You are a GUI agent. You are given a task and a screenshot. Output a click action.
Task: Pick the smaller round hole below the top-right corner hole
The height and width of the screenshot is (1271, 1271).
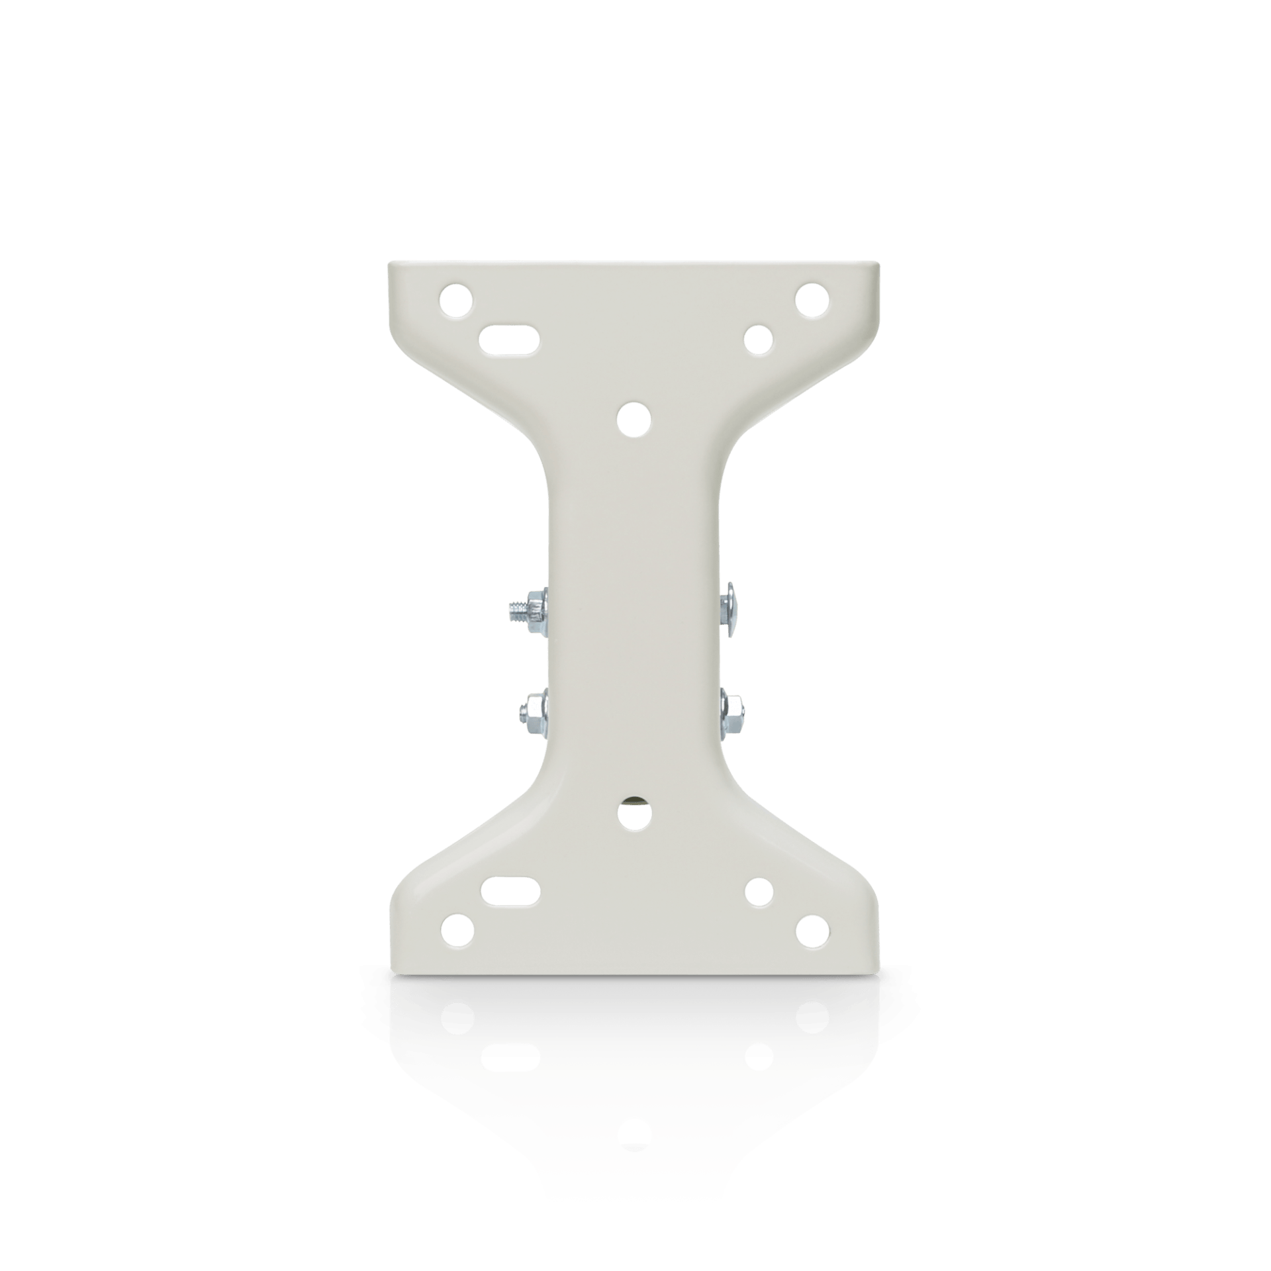click(x=759, y=339)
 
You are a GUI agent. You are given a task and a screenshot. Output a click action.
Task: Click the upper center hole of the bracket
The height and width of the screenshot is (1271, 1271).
click(x=634, y=418)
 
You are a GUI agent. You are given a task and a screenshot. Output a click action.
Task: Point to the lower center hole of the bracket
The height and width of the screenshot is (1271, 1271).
click(x=634, y=813)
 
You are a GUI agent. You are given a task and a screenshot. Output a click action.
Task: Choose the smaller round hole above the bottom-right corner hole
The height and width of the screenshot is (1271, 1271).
click(x=759, y=892)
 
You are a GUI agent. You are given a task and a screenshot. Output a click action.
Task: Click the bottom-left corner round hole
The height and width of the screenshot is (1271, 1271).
click(x=457, y=931)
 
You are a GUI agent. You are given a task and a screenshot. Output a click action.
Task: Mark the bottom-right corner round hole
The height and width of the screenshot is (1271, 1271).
click(x=812, y=931)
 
